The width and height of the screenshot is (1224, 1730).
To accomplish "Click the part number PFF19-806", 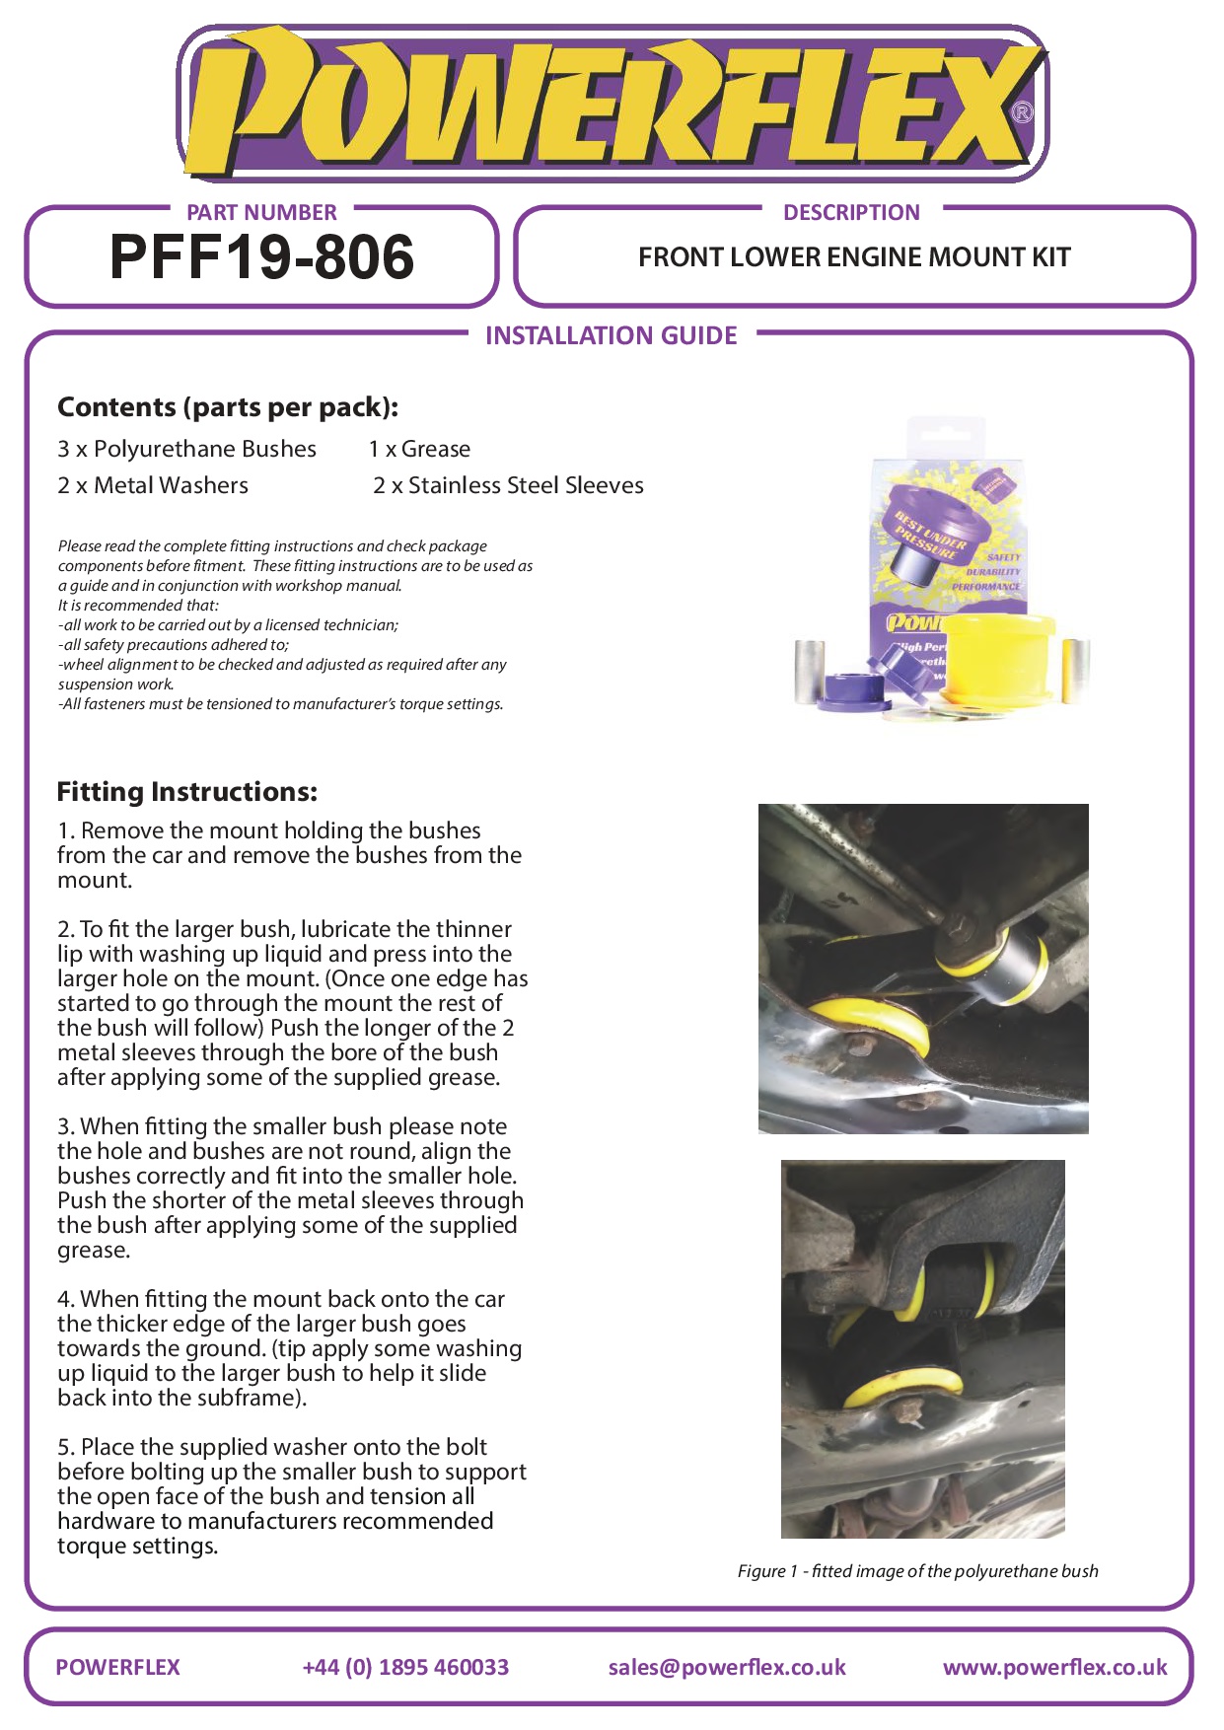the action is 261,257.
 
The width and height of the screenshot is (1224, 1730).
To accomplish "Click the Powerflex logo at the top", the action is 612,104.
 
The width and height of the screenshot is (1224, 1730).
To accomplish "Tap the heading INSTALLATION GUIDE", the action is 612,335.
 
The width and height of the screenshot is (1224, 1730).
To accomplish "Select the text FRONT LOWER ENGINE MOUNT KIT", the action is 854,257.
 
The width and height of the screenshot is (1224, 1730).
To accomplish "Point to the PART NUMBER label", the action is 261,212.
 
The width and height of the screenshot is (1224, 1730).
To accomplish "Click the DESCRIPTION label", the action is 851,212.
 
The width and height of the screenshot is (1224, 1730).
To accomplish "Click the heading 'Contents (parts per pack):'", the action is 228,407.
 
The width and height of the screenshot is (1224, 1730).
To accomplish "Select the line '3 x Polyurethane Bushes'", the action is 186,449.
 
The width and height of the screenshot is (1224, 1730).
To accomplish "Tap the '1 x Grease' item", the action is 419,449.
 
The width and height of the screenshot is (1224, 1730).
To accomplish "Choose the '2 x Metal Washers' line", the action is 153,485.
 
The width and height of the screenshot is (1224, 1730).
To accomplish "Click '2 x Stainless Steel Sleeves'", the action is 508,485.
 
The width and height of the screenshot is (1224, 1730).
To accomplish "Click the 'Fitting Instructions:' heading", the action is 187,792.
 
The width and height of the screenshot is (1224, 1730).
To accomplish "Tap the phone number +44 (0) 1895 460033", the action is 405,1667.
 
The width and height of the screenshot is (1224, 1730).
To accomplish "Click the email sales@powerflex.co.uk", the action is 727,1667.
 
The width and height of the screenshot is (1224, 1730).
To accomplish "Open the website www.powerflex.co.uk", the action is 1055,1667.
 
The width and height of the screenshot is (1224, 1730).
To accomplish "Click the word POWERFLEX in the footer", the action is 117,1667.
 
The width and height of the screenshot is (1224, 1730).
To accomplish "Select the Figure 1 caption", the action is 918,1571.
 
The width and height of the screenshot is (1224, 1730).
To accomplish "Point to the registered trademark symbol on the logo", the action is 1023,112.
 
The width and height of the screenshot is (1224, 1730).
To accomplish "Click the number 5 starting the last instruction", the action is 64,1447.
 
